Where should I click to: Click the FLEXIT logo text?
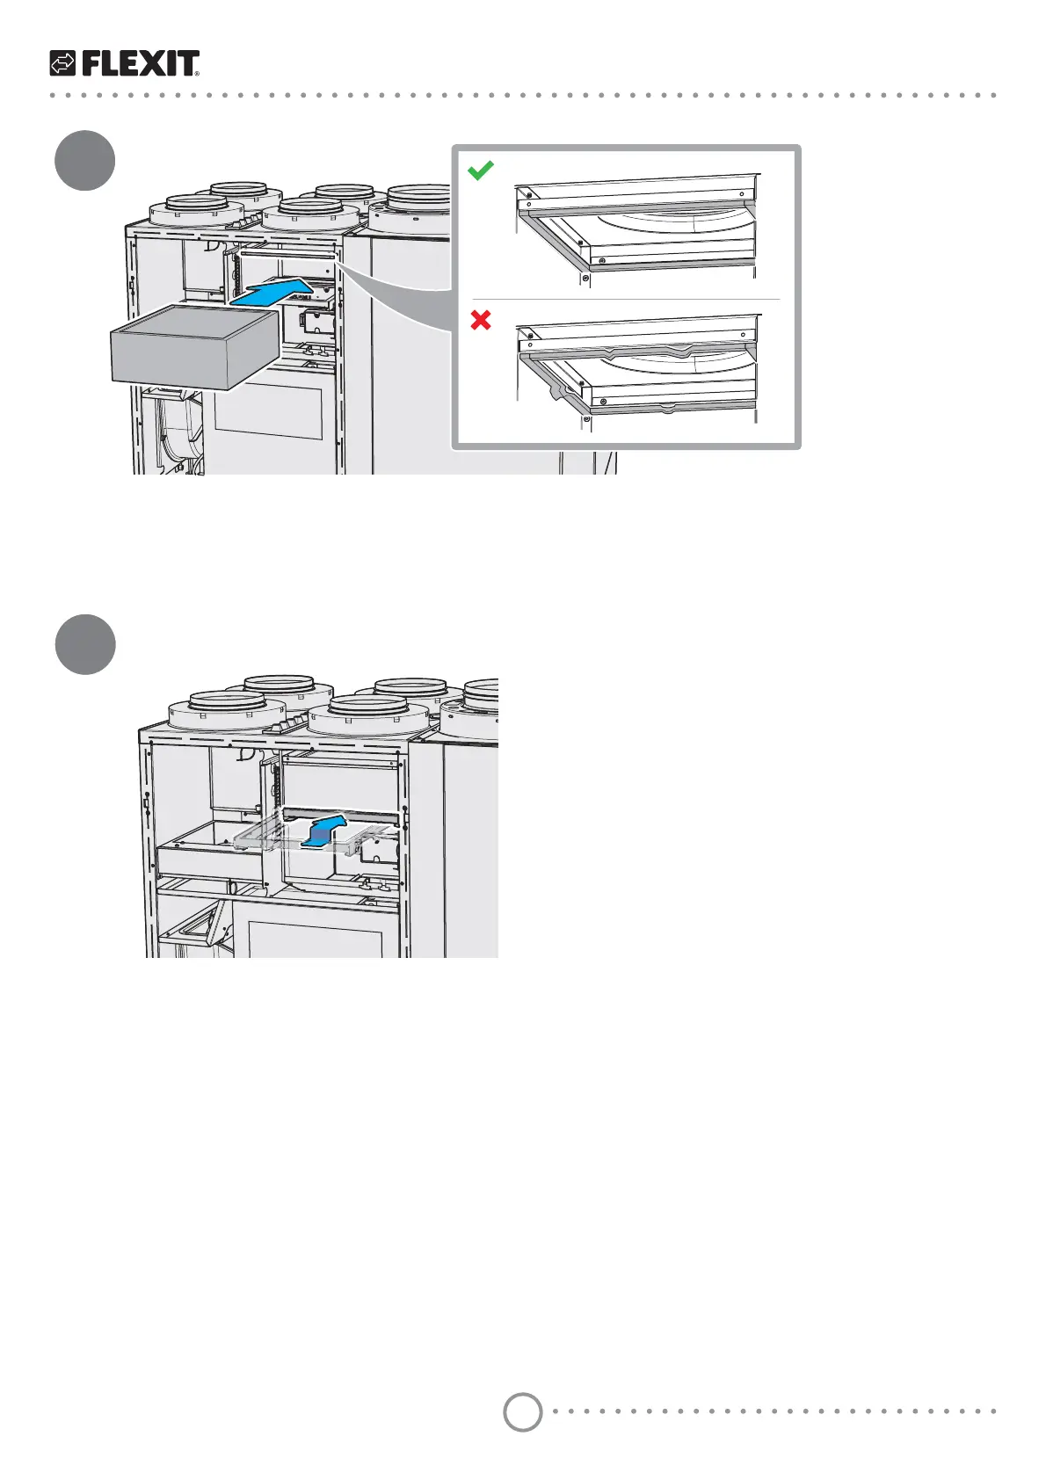[x=139, y=63]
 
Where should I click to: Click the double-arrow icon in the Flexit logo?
[x=63, y=63]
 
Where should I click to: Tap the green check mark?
[x=481, y=170]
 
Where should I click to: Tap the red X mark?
[x=481, y=321]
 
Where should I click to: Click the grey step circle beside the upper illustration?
[x=84, y=161]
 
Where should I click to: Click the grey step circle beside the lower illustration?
[x=84, y=645]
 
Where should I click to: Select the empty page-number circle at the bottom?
[x=522, y=1411]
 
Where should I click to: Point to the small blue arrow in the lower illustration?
[x=323, y=831]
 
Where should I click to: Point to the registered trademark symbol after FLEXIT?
[x=197, y=75]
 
